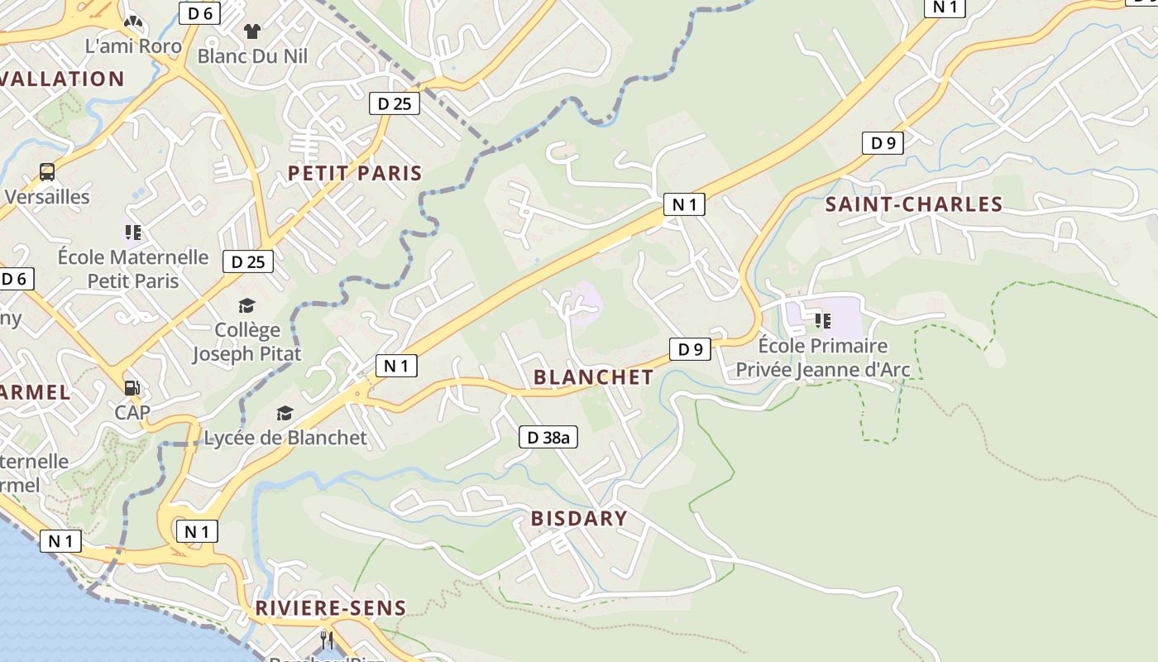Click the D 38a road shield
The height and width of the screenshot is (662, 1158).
[548, 437]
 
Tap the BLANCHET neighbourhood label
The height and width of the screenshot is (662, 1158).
[593, 377]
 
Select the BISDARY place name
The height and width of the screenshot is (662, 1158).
[579, 519]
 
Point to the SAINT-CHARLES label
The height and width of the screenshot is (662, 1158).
[914, 204]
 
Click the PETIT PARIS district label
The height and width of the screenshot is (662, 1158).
[355, 173]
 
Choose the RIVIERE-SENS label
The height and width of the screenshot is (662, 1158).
[331, 608]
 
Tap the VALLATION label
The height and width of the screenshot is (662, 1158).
[63, 79]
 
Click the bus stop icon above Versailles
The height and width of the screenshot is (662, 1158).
[47, 172]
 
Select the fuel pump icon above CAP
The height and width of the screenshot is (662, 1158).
[131, 387]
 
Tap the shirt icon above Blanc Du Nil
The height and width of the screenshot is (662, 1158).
[252, 31]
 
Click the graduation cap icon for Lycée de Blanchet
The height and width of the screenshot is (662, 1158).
[285, 413]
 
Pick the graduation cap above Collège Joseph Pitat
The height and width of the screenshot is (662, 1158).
[246, 306]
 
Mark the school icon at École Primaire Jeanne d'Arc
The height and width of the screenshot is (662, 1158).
[822, 319]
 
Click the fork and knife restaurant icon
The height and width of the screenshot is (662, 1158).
[327, 640]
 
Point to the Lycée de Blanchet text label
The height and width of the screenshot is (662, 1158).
[285, 438]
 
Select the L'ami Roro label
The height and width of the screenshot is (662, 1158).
[133, 46]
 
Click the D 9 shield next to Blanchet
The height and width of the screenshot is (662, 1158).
[690, 349]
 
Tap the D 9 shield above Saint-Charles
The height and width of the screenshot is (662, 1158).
[883, 143]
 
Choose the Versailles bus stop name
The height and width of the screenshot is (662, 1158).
[47, 197]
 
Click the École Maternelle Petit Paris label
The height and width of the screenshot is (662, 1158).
[133, 269]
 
